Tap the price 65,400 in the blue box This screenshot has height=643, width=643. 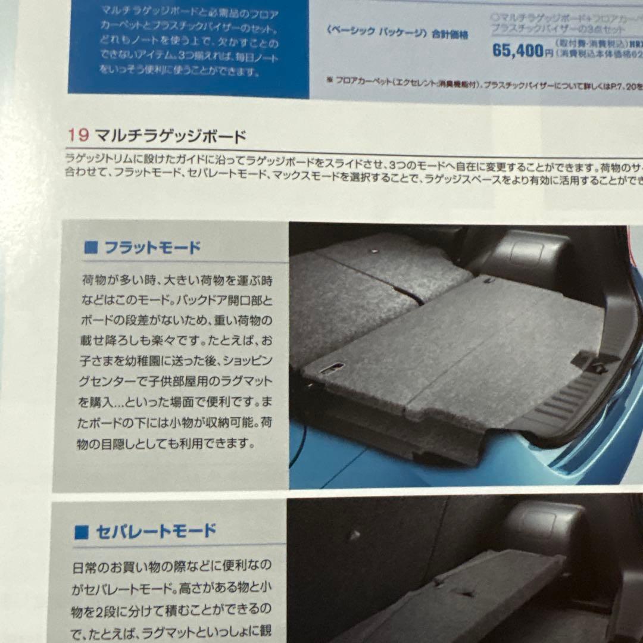pos(518,51)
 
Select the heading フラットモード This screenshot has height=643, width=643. pos(152,248)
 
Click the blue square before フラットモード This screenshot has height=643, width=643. pos(90,248)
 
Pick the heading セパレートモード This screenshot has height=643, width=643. pos(155,531)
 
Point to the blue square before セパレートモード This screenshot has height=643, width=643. pos(82,532)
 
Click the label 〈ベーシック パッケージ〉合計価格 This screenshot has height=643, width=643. pos(397,35)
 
